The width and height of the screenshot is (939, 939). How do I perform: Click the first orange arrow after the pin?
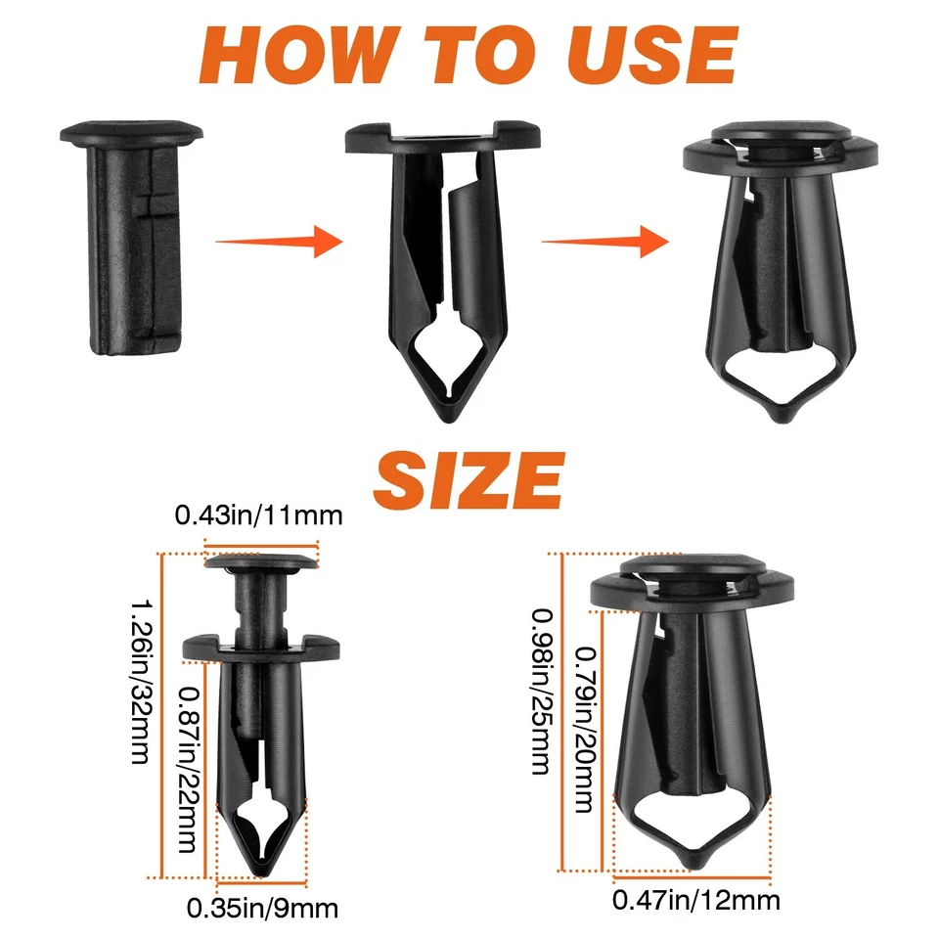click(x=279, y=240)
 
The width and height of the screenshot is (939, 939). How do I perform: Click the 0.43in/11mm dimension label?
click(x=259, y=515)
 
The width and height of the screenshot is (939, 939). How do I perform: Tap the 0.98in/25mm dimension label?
click(x=539, y=691)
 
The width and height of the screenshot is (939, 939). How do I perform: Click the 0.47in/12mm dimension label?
click(x=695, y=899)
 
